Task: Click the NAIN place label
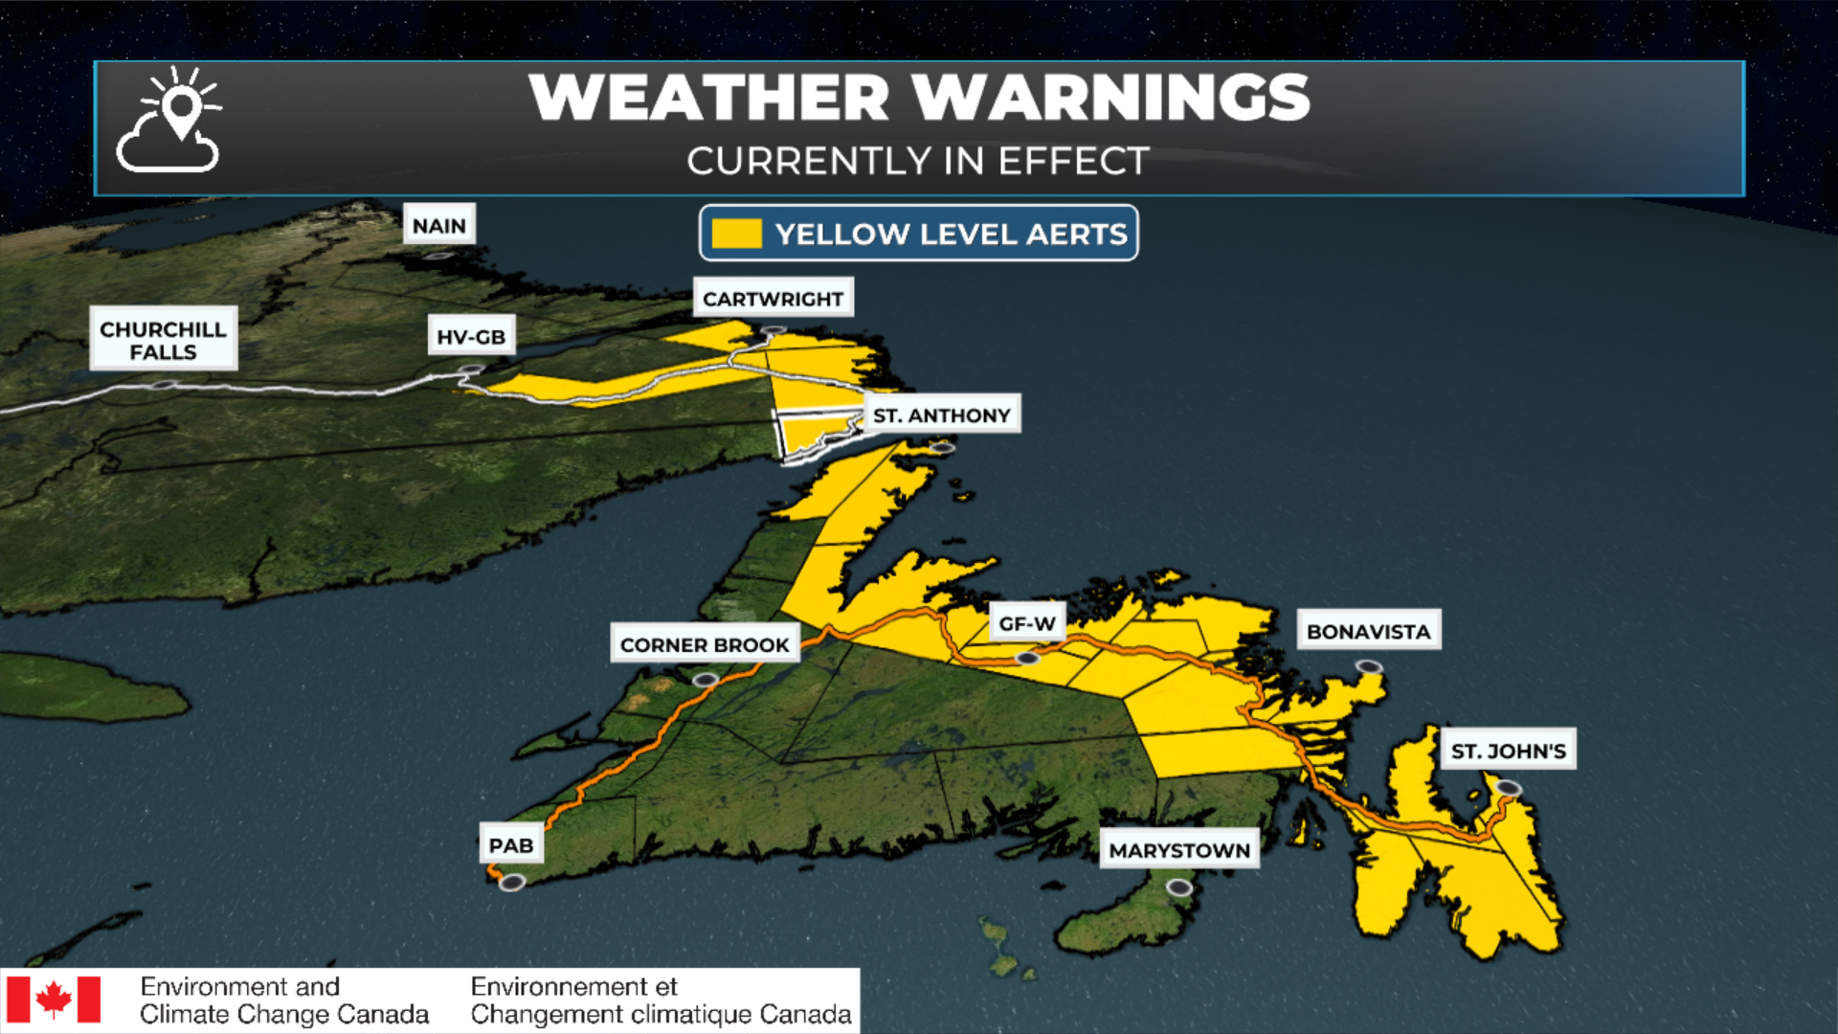point(439,225)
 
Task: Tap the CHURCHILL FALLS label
point(163,340)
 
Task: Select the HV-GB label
point(471,336)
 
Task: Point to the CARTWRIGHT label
point(773,299)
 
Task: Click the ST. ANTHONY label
point(942,415)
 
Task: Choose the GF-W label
point(1026,623)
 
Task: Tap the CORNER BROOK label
point(705,644)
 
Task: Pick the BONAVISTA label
point(1368,631)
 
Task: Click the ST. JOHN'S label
point(1508,751)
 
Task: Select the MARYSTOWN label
point(1178,850)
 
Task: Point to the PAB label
point(511,845)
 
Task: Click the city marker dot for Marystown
point(1179,888)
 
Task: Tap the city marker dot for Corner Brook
point(706,680)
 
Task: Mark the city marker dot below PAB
point(512,882)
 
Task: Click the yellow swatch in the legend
point(736,234)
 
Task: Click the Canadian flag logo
point(54,1000)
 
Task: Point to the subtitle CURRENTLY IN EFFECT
point(917,161)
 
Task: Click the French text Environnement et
point(573,986)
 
